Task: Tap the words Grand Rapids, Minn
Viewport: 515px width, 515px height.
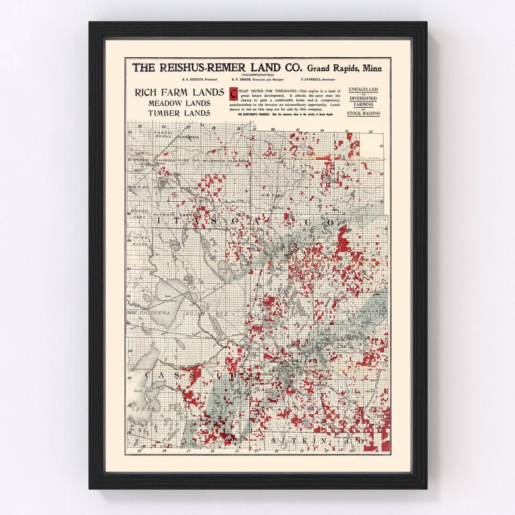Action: click(x=344, y=68)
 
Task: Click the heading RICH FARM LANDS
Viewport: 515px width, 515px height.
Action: click(x=179, y=93)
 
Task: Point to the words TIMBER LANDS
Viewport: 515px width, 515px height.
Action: click(x=179, y=113)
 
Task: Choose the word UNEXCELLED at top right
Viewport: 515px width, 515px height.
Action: click(x=363, y=90)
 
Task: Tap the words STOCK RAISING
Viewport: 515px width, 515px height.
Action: click(x=363, y=113)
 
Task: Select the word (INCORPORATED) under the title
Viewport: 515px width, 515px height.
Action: click(x=257, y=75)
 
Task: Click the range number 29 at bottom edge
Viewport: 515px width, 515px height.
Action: click(x=139, y=451)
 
